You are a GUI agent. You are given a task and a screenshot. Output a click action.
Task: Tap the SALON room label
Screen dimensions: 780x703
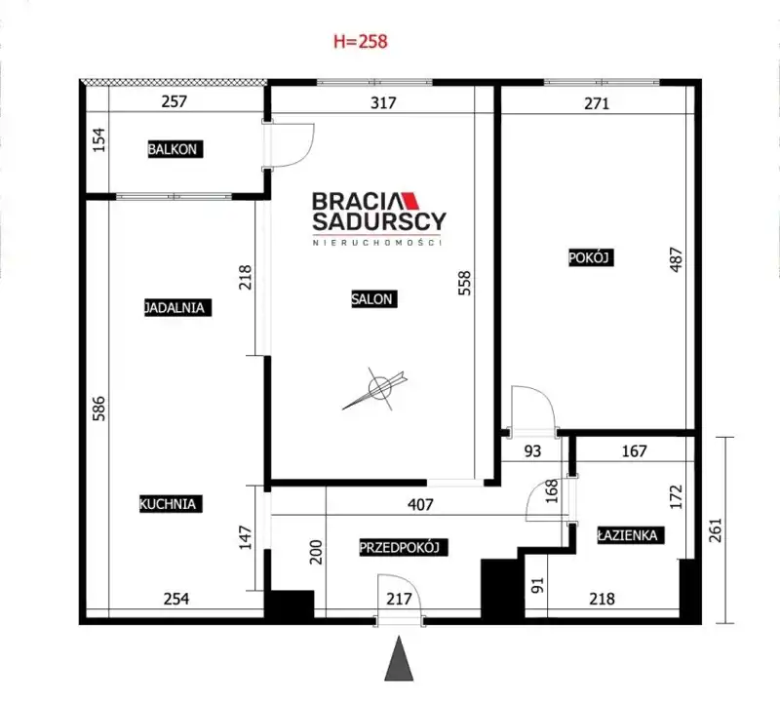(373, 298)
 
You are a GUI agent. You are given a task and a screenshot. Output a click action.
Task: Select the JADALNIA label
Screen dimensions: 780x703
(177, 307)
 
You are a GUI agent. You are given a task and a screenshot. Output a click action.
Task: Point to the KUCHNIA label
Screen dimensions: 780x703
(170, 503)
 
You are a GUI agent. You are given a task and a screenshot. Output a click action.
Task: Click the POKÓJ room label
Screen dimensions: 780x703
(591, 257)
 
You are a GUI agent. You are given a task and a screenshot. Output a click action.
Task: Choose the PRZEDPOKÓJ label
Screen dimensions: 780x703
(403, 547)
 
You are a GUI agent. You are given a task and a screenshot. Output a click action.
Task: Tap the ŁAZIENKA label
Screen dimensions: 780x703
(630, 535)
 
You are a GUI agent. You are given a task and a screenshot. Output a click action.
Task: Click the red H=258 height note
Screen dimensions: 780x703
(360, 41)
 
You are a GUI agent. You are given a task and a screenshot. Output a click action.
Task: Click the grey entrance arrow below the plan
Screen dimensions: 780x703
(400, 658)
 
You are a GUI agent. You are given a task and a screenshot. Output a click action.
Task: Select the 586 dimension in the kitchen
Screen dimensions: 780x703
(99, 408)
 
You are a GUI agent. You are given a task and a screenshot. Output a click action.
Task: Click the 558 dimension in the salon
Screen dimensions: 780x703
(464, 283)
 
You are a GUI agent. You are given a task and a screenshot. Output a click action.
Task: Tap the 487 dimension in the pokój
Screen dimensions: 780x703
(676, 259)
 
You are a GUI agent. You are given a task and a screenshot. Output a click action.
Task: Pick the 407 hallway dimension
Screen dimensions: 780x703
(420, 504)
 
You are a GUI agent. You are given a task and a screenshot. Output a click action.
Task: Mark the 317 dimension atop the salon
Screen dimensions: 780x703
(383, 102)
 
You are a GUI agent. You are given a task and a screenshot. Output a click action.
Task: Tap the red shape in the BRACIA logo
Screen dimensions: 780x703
(409, 200)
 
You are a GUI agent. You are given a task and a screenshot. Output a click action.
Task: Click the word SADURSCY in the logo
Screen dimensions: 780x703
(379, 221)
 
